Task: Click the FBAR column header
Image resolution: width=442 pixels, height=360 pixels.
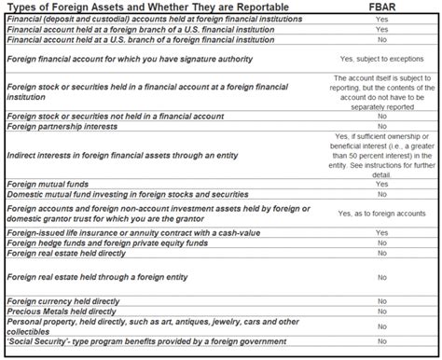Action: (x=381, y=7)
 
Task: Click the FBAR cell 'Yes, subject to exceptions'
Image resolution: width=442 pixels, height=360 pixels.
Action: (x=381, y=59)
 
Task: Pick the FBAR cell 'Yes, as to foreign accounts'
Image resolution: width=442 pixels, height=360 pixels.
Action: (x=381, y=214)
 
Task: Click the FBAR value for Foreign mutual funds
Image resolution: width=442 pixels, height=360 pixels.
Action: (x=381, y=184)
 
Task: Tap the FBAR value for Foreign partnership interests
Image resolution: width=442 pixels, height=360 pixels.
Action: (x=381, y=126)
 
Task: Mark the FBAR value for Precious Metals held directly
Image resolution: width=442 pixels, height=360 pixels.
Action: (x=381, y=311)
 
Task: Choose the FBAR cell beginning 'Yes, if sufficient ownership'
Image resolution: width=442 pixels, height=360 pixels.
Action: (x=381, y=155)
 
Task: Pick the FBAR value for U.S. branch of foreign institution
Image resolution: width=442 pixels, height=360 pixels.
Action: (x=381, y=40)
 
